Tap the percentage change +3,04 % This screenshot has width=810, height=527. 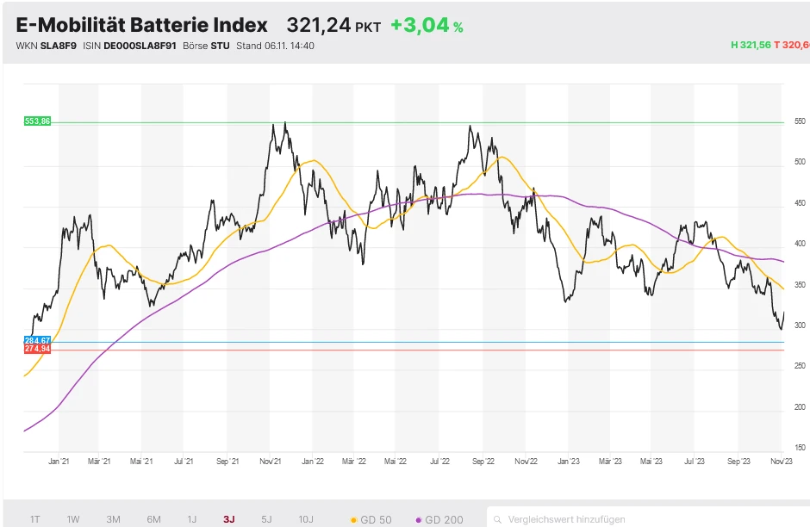427,26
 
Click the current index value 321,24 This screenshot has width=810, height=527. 318,26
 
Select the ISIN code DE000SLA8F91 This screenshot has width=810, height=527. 141,46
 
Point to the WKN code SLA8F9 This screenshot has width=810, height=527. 58,46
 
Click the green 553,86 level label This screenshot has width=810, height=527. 38,121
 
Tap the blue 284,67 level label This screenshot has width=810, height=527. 38,342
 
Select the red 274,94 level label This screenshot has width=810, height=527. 38,350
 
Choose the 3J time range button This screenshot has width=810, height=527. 228,519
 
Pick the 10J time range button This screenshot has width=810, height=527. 305,519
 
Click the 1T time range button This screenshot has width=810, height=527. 35,519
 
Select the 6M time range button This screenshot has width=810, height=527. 153,519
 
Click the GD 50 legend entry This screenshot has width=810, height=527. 371,519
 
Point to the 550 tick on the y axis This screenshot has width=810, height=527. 800,121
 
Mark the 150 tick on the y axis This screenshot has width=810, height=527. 800,448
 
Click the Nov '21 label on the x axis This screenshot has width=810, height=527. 271,462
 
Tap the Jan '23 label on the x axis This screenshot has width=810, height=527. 568,462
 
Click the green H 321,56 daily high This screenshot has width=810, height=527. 750,46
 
